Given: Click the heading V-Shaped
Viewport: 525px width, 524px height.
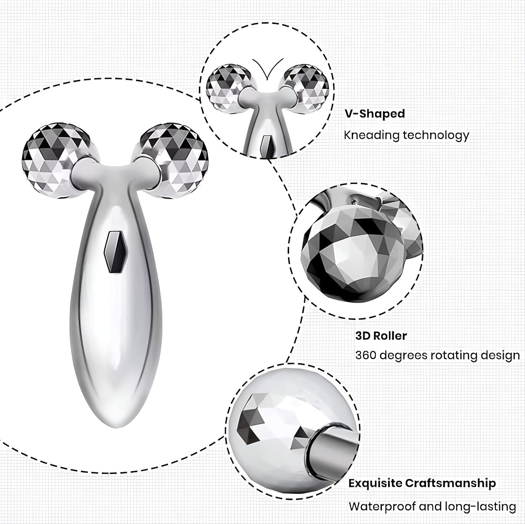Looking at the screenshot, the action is coord(375,114).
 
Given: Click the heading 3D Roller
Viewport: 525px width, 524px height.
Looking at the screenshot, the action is coord(381,336).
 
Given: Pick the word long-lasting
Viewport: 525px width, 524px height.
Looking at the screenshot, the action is coord(480,507).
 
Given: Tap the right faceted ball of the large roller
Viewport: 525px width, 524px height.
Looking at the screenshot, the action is coord(172,161).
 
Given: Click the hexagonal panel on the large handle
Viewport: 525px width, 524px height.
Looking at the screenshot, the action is coord(116,252).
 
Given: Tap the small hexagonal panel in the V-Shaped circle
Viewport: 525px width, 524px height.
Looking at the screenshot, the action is coord(266,146).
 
